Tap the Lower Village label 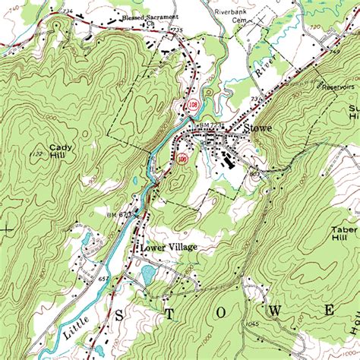click(x=168, y=248)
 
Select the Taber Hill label click(x=345, y=232)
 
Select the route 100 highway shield click(x=182, y=159)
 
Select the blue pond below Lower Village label click(x=148, y=272)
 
